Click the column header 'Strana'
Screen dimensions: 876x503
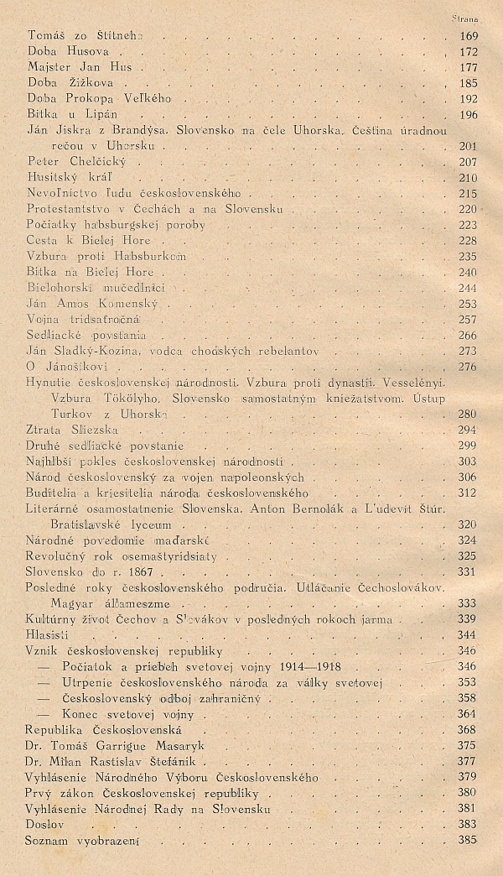point(464,18)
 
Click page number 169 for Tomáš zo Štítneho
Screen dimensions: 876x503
point(468,36)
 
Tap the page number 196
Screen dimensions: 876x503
point(468,115)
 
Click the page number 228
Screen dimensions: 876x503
point(468,241)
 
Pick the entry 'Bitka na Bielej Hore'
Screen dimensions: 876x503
point(91,272)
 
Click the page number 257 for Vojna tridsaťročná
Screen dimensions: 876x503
point(468,320)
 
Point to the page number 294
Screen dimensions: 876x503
point(468,430)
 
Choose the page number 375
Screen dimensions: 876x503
point(468,746)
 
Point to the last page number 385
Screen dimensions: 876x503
point(468,841)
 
